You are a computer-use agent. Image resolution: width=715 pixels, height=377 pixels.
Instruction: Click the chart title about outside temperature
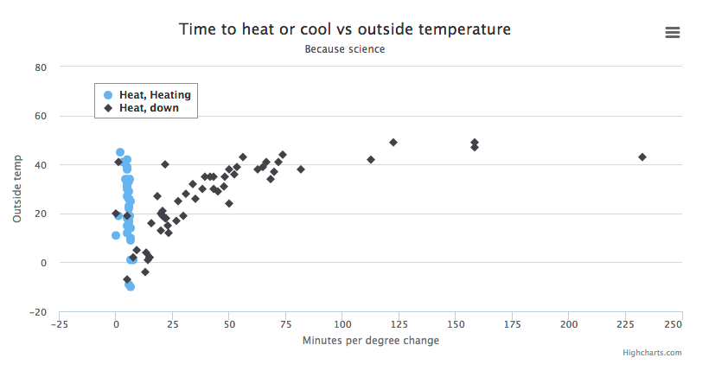click(x=345, y=29)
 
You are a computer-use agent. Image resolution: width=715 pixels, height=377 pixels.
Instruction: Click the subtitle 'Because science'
click(x=345, y=49)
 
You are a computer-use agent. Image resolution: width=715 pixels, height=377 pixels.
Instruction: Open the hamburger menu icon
click(x=673, y=32)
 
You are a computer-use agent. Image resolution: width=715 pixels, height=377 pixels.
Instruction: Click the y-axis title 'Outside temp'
click(x=17, y=190)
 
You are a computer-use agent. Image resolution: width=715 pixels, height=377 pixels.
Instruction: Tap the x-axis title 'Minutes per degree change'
click(x=371, y=341)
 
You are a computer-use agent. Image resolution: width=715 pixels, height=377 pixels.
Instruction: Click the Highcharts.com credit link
click(x=652, y=353)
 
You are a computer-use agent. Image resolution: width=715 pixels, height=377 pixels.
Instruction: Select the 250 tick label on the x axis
click(x=673, y=324)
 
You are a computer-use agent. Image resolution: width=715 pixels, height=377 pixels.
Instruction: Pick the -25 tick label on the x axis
click(x=59, y=324)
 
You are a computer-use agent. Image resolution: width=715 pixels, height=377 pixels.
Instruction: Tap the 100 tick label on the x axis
click(x=342, y=324)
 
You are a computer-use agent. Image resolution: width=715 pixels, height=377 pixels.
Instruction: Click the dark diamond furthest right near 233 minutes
click(x=642, y=157)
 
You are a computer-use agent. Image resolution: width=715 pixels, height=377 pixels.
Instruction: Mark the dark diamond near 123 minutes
click(x=393, y=143)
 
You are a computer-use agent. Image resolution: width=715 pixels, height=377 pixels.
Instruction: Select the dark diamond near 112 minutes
click(x=371, y=160)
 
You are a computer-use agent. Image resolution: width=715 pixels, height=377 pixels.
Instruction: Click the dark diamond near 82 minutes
click(x=301, y=169)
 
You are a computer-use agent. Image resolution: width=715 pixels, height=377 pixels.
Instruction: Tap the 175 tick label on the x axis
click(x=513, y=324)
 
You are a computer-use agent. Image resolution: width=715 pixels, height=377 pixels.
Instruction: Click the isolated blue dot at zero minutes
click(x=116, y=235)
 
